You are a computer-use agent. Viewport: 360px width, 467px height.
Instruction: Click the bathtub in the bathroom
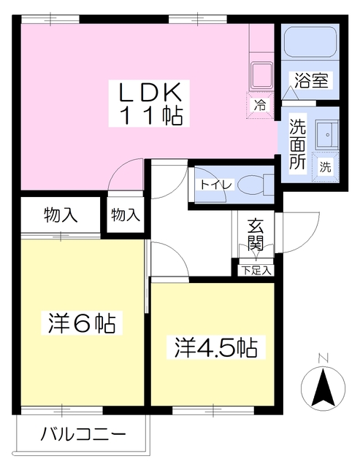[309, 46]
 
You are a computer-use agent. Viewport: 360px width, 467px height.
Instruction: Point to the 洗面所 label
[297, 144]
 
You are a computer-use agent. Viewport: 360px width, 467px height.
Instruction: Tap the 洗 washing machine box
[325, 166]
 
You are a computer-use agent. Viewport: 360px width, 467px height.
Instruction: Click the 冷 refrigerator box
[260, 104]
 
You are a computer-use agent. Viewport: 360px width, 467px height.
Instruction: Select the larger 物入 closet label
[60, 215]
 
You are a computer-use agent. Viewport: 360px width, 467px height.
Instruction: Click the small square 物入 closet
[126, 215]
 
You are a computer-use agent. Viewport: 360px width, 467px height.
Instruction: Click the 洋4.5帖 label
[214, 347]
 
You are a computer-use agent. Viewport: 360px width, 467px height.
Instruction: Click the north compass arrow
[323, 388]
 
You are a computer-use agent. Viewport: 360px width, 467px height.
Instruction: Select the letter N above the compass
[323, 358]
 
